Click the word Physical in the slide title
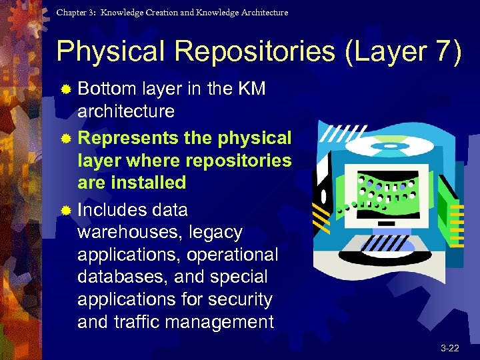pos(108,52)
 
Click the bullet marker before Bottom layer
pos(65,89)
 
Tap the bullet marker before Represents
pos(65,139)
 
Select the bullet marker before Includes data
pos(65,211)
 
